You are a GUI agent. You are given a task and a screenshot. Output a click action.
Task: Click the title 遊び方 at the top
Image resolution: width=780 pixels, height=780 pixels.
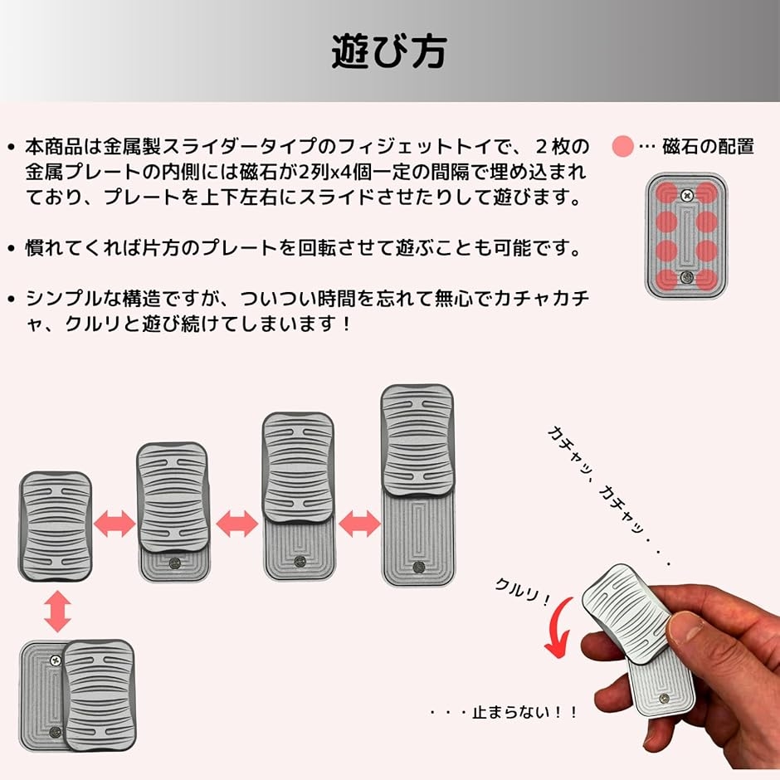click(x=388, y=51)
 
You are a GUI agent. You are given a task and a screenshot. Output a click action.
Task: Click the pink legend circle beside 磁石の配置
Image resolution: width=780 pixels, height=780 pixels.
click(x=623, y=148)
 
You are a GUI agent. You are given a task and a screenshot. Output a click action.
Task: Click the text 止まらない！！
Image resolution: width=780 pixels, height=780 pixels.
click(x=505, y=712)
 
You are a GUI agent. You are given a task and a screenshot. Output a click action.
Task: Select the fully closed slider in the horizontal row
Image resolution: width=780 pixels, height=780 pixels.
click(x=55, y=527)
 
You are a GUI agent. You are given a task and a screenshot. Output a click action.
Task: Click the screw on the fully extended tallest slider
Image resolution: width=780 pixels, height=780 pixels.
click(x=418, y=567)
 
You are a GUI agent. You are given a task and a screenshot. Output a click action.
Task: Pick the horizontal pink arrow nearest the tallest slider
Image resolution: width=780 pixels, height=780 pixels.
click(x=358, y=524)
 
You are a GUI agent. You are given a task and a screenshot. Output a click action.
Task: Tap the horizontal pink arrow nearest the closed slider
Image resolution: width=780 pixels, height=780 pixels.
click(x=115, y=524)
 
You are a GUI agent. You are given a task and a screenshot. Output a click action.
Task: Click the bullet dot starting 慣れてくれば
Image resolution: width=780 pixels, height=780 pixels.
click(x=11, y=248)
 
